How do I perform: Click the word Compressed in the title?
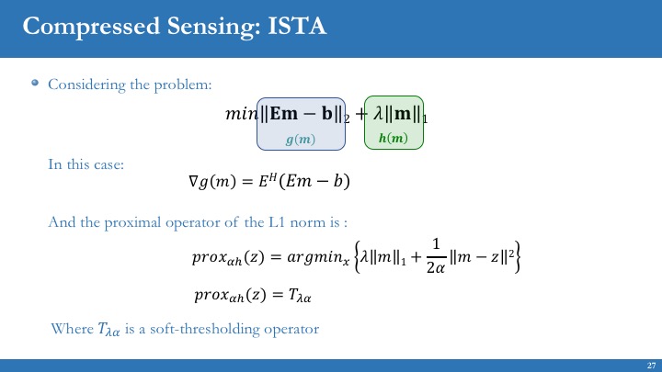77,26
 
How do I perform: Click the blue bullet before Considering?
35,84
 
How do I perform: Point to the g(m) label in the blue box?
301,140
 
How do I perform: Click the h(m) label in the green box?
394,139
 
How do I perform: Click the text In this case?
86,164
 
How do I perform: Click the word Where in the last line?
72,328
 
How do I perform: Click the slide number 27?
650,366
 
